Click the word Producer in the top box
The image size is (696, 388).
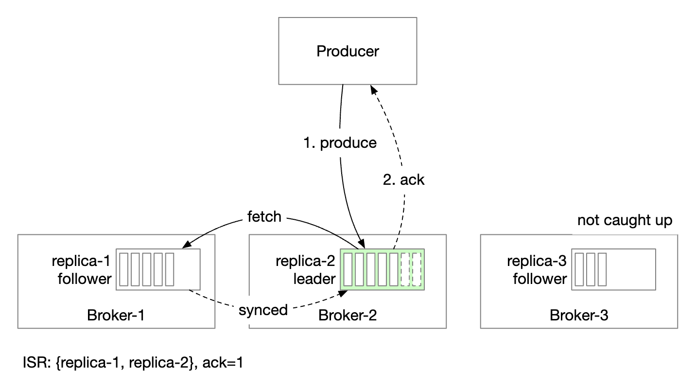coord(348,52)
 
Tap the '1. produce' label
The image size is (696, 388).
coord(340,143)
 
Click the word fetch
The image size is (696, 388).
coord(264,216)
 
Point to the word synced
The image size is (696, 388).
coord(263,310)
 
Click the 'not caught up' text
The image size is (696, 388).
coord(625,220)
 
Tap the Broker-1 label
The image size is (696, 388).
coord(116,316)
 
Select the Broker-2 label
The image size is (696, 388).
coord(347,316)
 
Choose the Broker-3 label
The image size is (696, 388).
coord(578,316)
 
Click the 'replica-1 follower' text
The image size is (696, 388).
coord(82,270)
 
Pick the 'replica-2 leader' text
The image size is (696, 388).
coord(305,270)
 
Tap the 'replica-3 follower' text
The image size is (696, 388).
coord(537,270)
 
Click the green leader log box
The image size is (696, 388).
coord(382,269)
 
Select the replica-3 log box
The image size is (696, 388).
coord(613,269)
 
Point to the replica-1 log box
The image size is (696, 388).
coord(158,269)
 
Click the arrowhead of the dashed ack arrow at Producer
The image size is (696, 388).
coord(373,90)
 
